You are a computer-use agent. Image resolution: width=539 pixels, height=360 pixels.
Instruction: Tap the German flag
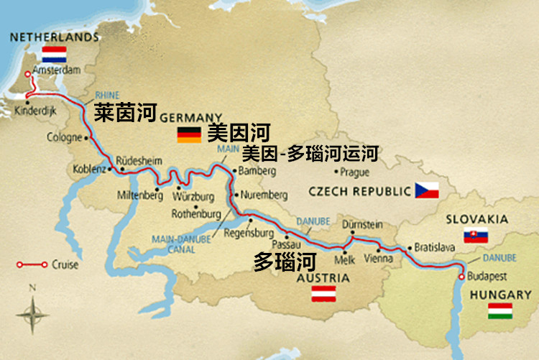point(189,134)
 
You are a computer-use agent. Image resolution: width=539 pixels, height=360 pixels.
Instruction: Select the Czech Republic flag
point(427,190)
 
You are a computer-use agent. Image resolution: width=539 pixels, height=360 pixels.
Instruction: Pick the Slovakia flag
point(476,235)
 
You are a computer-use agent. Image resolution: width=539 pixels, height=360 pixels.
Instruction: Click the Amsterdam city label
point(55,70)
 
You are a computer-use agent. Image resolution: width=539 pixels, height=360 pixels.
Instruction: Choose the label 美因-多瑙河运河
point(309,153)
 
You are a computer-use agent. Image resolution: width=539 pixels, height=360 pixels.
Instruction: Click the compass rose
point(32,314)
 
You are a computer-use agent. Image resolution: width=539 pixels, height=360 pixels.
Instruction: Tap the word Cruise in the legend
point(65,264)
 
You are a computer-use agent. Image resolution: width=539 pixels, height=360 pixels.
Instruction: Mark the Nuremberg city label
point(264,195)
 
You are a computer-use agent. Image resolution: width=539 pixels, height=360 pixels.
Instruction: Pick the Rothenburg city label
point(196,214)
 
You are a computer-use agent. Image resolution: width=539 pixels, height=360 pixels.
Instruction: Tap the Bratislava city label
point(435,248)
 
